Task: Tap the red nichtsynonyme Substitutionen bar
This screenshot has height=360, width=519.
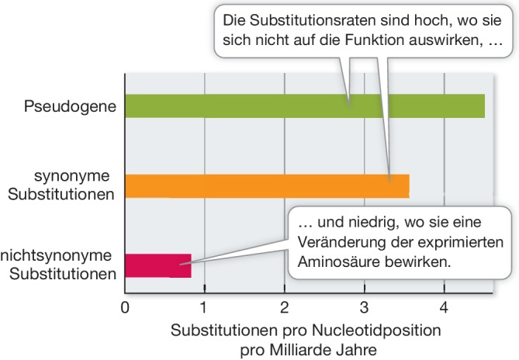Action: click(x=157, y=266)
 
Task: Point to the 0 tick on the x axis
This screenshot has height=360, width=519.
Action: click(x=125, y=306)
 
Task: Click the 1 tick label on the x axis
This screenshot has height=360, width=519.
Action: click(x=204, y=306)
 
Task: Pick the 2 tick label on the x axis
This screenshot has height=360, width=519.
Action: click(x=285, y=306)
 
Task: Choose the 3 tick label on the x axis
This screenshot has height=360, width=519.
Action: click(x=365, y=306)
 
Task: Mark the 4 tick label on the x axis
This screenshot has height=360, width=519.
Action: click(x=444, y=306)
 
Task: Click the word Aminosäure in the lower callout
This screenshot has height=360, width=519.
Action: click(x=336, y=263)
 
